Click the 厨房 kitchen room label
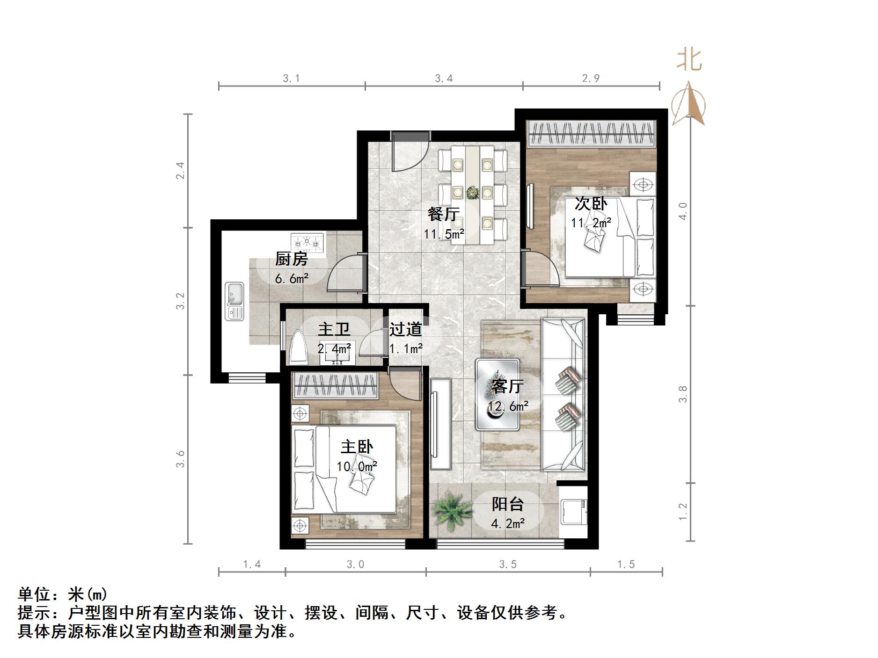click(291, 259)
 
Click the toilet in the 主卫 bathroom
click(298, 349)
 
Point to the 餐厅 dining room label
click(443, 214)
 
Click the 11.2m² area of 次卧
click(591, 223)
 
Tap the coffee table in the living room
click(497, 394)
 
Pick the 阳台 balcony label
click(507, 504)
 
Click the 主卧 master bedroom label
click(357, 447)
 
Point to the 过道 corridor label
click(406, 329)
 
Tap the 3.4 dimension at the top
click(444, 79)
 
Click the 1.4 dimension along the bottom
click(252, 564)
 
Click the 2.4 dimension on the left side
click(180, 170)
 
